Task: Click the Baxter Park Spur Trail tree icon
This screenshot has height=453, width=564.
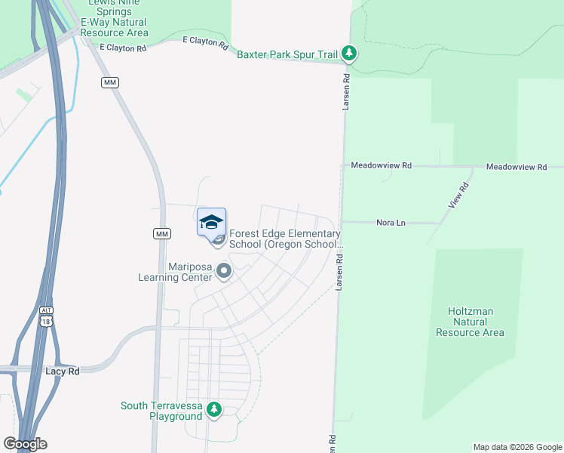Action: [x=348, y=54]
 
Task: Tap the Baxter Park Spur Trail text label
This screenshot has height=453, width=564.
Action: [x=287, y=54]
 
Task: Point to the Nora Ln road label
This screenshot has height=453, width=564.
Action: [x=391, y=223]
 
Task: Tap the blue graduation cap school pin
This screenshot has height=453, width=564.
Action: [x=212, y=221]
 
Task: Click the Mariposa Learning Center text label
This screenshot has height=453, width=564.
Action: [x=174, y=272]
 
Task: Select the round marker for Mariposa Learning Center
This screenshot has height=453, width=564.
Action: [x=224, y=270]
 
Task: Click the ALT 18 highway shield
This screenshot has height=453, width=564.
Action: [x=47, y=316]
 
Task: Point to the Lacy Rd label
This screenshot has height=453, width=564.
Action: [x=62, y=371]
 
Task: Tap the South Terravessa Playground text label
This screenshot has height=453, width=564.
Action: [x=161, y=411]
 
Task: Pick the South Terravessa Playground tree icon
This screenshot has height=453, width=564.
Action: [x=215, y=410]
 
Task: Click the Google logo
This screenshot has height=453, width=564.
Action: [x=26, y=444]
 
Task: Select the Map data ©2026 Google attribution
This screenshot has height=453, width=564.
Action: [x=517, y=447]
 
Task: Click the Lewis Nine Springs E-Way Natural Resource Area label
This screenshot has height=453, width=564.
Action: [x=114, y=18]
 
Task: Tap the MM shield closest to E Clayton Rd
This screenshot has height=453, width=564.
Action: [x=110, y=82]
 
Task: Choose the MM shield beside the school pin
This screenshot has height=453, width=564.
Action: [x=161, y=234]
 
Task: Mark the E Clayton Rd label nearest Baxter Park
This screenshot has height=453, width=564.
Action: [x=206, y=43]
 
